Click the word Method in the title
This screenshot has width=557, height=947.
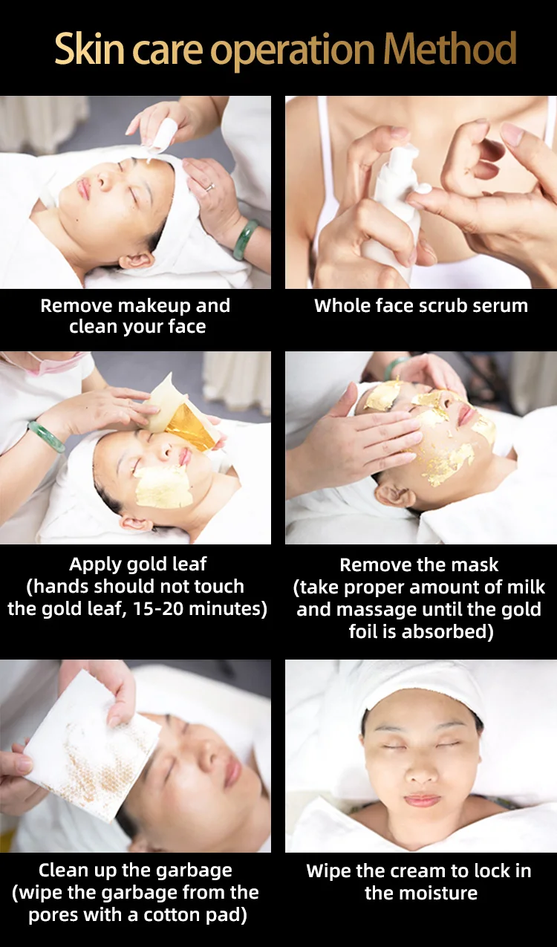[x=449, y=48]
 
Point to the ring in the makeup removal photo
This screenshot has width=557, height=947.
[x=210, y=186]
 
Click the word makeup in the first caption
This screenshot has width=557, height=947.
[x=156, y=306]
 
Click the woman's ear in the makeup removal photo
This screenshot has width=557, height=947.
[x=137, y=260]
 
